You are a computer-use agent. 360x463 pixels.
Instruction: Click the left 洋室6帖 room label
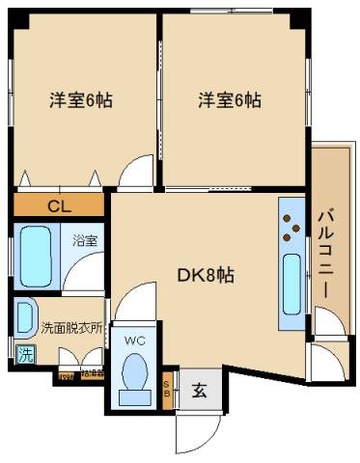tap(82, 99)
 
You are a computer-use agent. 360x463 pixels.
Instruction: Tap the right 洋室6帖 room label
tap(231, 99)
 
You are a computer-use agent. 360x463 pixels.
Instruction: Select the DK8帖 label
tap(205, 276)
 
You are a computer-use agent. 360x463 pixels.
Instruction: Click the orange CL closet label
tap(59, 205)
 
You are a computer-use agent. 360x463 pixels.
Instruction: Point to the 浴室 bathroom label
tap(85, 241)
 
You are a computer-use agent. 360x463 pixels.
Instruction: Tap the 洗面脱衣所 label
tap(71, 327)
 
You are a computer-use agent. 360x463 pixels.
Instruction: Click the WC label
tap(134, 340)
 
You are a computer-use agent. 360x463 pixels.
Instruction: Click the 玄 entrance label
tap(199, 391)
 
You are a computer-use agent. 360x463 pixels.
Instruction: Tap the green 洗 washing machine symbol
tap(25, 353)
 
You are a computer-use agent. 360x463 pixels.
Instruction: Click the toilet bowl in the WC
tap(135, 376)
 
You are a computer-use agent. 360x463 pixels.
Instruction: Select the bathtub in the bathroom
tap(36, 257)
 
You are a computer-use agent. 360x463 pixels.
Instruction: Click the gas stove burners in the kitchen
tap(289, 225)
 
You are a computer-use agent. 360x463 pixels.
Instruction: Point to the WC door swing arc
tap(129, 301)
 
